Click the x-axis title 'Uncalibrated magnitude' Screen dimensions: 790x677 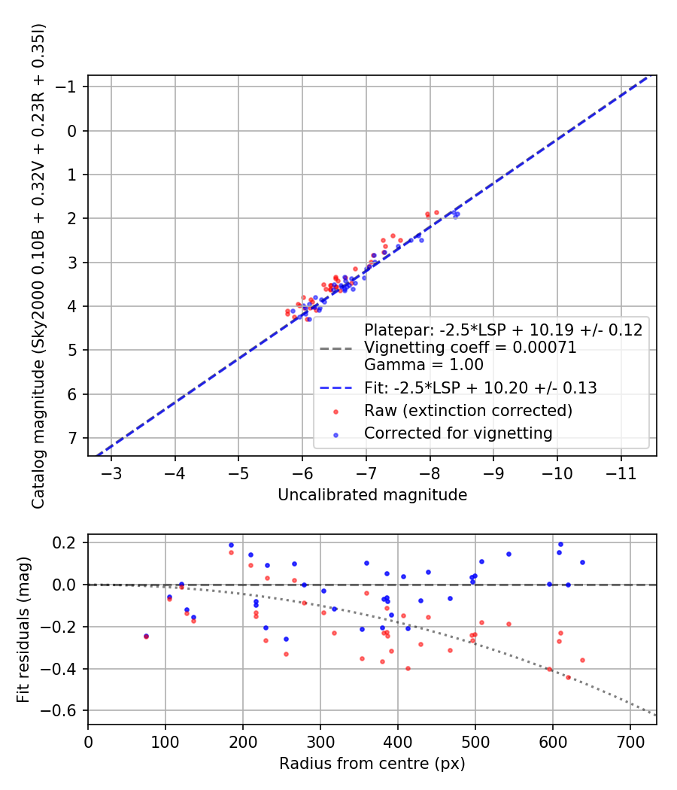tap(372, 495)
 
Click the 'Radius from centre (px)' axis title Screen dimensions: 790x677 tap(372, 764)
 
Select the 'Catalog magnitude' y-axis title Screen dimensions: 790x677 tap(38, 265)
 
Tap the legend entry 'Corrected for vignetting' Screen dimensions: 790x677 tap(458, 433)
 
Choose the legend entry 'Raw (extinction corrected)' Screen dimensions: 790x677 tap(468, 411)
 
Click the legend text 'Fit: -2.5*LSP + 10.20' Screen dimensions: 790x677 tap(480, 388)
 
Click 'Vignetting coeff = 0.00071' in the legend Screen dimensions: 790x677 tap(470, 348)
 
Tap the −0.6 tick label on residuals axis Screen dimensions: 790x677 tap(62, 711)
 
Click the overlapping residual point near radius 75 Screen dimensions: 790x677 tap(146, 636)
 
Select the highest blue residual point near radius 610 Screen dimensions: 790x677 tap(560, 544)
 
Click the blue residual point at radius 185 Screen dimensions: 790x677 tap(231, 545)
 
